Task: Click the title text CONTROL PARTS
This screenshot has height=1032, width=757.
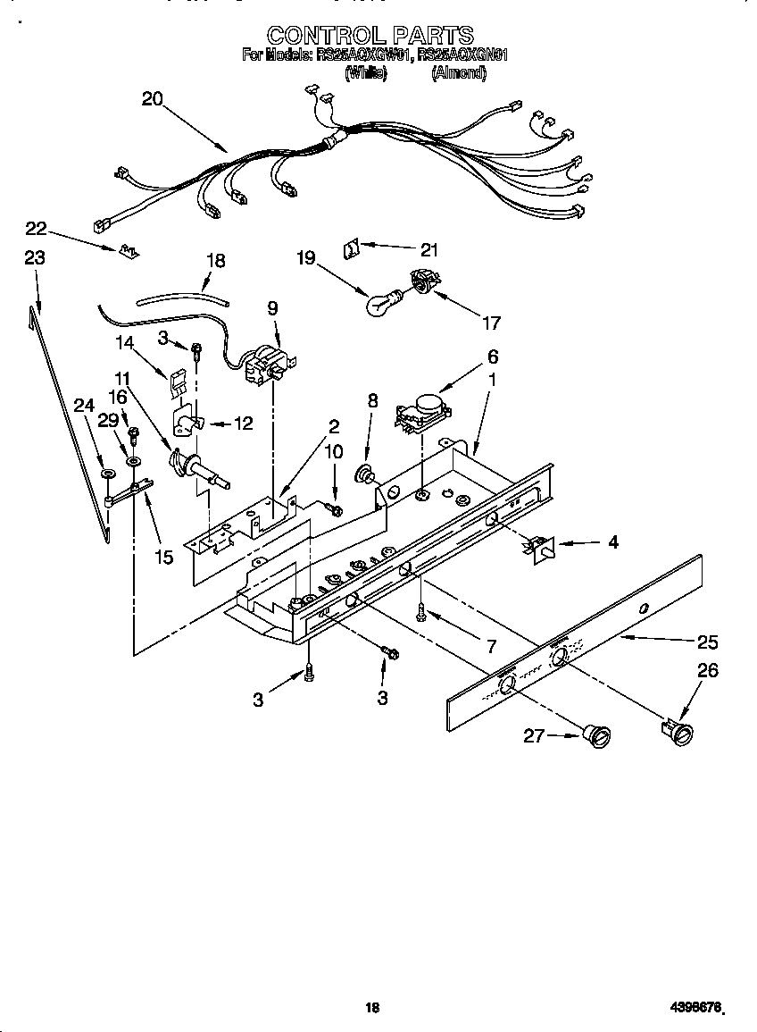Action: [370, 35]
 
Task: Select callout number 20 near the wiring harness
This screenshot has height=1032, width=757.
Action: [153, 99]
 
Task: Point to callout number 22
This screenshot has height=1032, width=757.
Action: [35, 230]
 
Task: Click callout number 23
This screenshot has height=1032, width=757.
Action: [35, 258]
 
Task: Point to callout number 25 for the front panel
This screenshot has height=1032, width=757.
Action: [707, 642]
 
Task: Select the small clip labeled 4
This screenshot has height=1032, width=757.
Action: [540, 547]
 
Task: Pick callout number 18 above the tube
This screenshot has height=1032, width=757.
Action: [215, 261]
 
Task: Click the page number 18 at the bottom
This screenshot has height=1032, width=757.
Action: [373, 1008]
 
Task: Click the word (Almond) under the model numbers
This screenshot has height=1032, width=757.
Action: [458, 74]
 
